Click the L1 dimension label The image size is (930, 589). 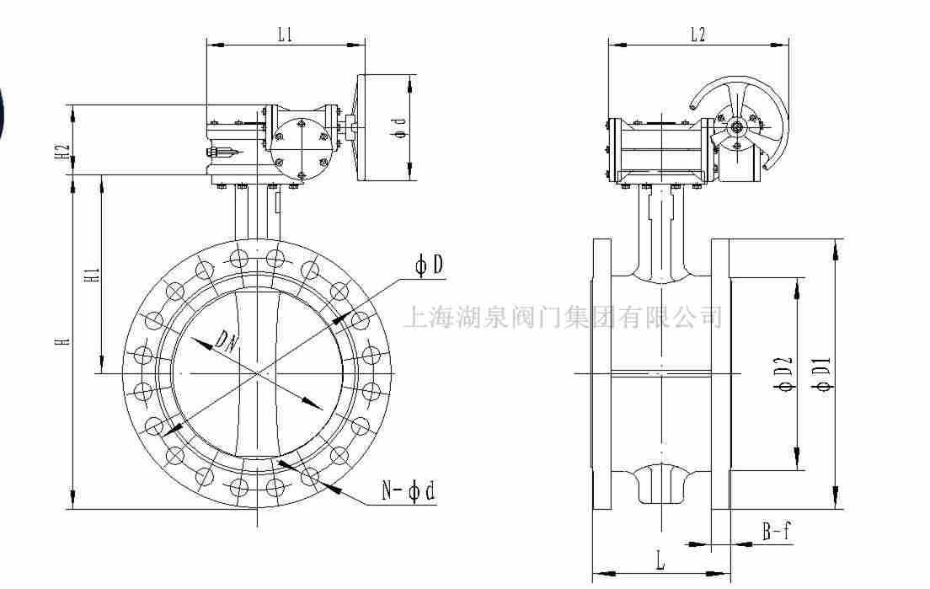285,34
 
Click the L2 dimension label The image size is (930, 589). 697,34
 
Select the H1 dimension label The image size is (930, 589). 93,276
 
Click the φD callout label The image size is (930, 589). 429,266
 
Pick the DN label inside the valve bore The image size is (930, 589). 225,340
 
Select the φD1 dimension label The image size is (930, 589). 824,375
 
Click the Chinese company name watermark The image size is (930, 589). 563,317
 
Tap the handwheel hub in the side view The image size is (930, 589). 738,128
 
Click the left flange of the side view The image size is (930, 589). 601,374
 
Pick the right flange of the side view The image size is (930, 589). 719,374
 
